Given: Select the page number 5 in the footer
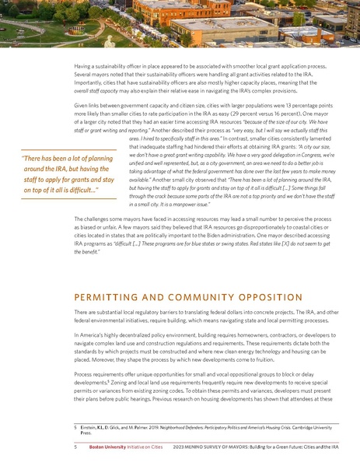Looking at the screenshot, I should (x=75, y=448).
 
